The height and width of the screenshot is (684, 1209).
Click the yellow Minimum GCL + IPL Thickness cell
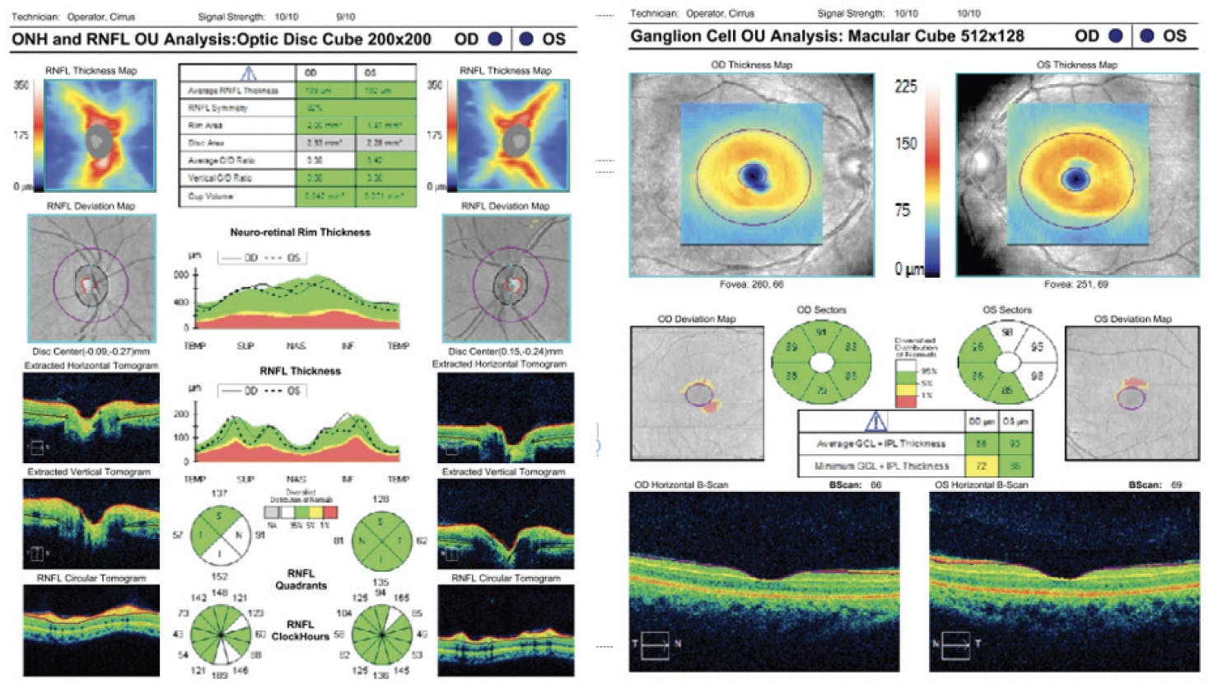pyautogui.click(x=981, y=466)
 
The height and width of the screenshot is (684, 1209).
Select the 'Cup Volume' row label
pyautogui.click(x=211, y=197)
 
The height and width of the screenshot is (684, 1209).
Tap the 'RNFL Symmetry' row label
pyautogui.click(x=217, y=108)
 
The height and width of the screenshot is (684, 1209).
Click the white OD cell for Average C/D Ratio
pyautogui.click(x=325, y=161)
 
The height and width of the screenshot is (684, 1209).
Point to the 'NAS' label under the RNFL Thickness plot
pyautogui.click(x=296, y=479)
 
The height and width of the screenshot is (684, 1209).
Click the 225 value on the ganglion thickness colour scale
pyautogui.click(x=906, y=87)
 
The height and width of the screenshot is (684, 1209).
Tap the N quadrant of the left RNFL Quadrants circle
pyautogui.click(x=239, y=536)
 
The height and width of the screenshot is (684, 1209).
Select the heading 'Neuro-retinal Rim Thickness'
pyautogui.click(x=300, y=232)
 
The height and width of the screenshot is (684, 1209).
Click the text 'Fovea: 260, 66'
pyautogui.click(x=751, y=284)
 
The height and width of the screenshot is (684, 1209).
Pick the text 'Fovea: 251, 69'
pyautogui.click(x=1076, y=284)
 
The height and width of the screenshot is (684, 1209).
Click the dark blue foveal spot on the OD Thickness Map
pyautogui.click(x=752, y=175)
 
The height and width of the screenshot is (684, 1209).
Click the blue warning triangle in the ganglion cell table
pyautogui.click(x=875, y=422)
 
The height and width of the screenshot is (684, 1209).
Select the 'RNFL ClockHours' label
pyautogui.click(x=301, y=630)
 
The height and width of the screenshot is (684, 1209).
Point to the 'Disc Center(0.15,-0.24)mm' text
pyautogui.click(x=506, y=351)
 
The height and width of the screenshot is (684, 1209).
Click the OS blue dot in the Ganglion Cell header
pyautogui.click(x=1146, y=36)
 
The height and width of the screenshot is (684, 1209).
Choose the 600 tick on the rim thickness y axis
pyautogui.click(x=181, y=275)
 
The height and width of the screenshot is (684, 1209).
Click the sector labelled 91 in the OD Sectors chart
pyautogui.click(x=821, y=333)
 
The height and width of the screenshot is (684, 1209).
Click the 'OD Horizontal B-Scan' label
pyautogui.click(x=681, y=485)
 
